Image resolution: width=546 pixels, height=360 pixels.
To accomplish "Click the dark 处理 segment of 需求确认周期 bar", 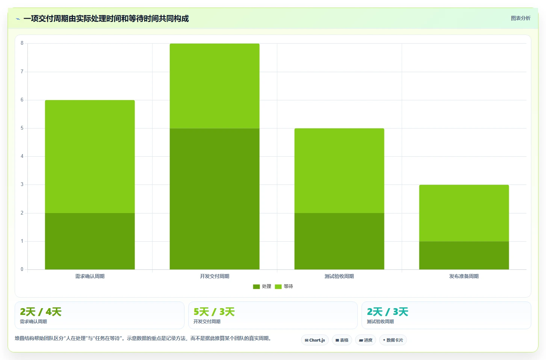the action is [x=90, y=241].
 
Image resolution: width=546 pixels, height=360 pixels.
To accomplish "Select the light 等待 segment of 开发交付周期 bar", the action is [x=215, y=86].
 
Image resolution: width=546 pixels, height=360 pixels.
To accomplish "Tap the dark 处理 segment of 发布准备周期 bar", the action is [x=464, y=256].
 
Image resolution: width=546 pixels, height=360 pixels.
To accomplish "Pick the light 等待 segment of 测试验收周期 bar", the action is [x=339, y=171].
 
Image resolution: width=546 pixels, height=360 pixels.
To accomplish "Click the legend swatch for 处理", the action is [x=256, y=287].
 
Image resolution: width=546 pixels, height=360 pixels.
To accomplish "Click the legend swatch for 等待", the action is [x=278, y=287].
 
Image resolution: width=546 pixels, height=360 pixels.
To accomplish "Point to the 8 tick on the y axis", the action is [x=22, y=43].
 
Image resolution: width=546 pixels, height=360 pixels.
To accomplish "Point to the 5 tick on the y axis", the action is [x=22, y=128].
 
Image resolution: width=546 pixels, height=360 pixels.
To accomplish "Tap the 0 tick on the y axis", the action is [x=22, y=269].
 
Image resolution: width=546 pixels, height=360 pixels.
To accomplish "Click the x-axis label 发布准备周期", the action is [x=464, y=276].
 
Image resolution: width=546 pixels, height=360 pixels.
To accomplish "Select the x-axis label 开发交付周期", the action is [x=215, y=276].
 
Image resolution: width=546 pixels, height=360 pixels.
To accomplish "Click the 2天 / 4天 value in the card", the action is [x=41, y=312].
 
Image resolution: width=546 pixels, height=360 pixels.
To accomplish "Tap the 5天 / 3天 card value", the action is [x=214, y=312].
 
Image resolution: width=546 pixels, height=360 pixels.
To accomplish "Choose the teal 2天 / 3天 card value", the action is [x=387, y=312].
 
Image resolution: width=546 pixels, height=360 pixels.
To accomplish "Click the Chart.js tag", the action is [x=315, y=340].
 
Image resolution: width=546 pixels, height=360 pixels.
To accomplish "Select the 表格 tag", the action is [x=342, y=340].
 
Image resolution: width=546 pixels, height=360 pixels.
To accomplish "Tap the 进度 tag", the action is [x=366, y=340].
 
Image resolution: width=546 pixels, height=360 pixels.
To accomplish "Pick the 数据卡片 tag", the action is [x=393, y=340].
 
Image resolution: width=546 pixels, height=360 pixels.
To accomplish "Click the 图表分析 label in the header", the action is [x=521, y=18].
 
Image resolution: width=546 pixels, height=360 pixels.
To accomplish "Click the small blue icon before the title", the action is [x=18, y=19].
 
